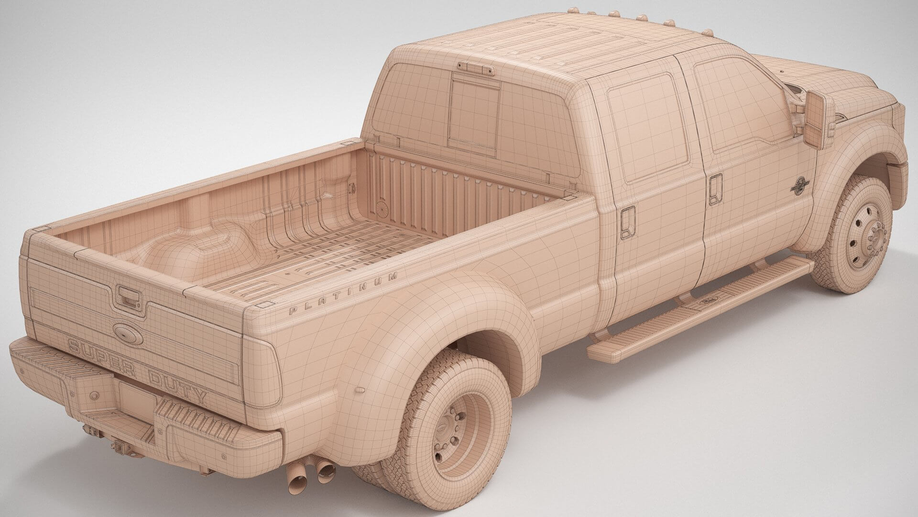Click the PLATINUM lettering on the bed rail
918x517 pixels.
(x=343, y=293)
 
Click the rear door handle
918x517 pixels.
(x=627, y=222)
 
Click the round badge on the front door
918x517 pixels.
(x=798, y=185)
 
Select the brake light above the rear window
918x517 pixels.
(x=475, y=68)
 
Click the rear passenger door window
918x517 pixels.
(x=648, y=127)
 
